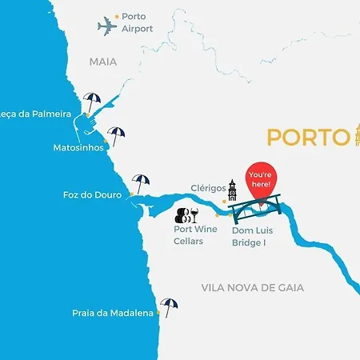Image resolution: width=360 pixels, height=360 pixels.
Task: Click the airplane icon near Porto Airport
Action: click(106, 26)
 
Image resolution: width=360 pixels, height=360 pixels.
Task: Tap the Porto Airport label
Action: click(137, 22)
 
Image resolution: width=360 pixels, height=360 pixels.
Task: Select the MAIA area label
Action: click(103, 61)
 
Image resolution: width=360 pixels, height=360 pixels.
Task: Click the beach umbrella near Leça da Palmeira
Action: click(93, 102)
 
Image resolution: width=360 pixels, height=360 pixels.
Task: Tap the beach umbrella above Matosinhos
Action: click(117, 135)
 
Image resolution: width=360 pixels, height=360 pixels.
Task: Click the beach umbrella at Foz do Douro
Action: click(141, 183)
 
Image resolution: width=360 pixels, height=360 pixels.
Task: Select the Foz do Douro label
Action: click(92, 195)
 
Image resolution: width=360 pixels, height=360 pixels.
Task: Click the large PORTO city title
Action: click(305, 137)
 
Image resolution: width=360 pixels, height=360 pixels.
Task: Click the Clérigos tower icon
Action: click(232, 193)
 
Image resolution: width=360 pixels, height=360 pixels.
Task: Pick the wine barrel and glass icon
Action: click(186, 214)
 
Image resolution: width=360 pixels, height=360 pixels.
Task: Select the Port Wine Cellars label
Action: click(195, 234)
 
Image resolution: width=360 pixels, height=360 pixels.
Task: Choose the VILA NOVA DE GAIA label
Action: click(263, 287)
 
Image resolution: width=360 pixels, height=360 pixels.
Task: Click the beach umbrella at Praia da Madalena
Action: click(169, 306)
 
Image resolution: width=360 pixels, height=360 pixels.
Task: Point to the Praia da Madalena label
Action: click(112, 314)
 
